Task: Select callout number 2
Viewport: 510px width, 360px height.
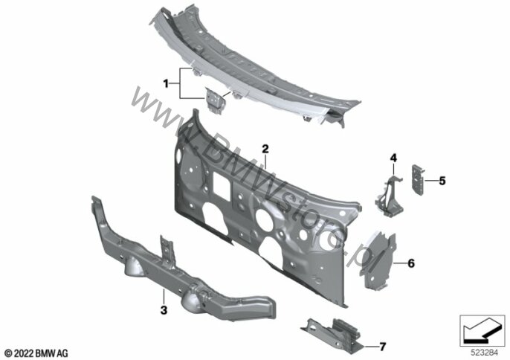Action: [x=265, y=149]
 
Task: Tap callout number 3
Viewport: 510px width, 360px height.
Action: [x=164, y=310]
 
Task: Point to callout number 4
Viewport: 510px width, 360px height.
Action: [x=393, y=158]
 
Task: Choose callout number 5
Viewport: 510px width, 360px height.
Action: [x=442, y=181]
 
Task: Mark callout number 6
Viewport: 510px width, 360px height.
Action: [x=411, y=263]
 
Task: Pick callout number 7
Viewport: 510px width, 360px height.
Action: [x=382, y=347]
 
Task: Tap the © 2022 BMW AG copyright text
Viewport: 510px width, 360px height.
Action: [x=36, y=353]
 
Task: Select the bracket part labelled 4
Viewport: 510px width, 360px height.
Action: [x=390, y=196]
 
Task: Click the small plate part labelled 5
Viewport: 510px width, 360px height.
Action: [x=418, y=180]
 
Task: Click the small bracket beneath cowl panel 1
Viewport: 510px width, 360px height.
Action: [x=213, y=100]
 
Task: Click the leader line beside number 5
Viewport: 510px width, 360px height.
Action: [x=430, y=181]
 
